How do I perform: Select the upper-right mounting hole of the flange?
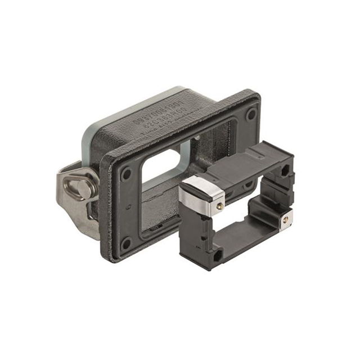pos(251,114)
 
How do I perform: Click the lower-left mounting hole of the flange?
pos(127,243)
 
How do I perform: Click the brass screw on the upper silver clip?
pos(219,206)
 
